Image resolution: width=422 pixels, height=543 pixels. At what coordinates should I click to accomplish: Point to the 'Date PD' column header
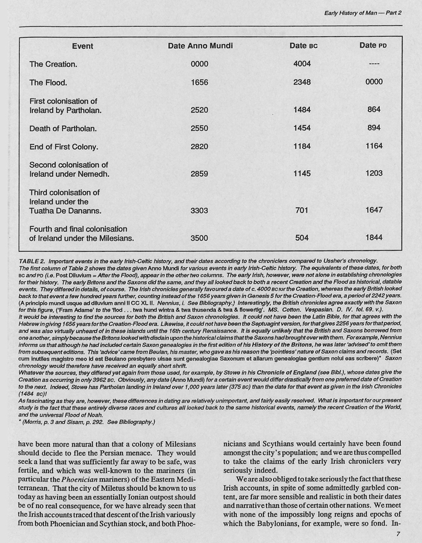point(373,46)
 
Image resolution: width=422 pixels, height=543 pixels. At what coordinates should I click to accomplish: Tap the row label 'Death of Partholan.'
point(63,129)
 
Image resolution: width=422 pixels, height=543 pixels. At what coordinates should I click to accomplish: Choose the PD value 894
point(373,129)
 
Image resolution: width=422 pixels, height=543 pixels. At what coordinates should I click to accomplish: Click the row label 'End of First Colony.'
point(64,147)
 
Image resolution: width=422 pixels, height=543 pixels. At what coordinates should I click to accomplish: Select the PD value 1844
point(373,238)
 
